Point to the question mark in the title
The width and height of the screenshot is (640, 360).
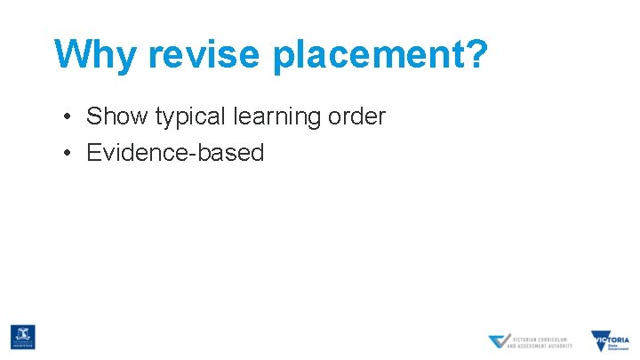tap(477, 54)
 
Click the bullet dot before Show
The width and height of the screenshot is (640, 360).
tap(68, 116)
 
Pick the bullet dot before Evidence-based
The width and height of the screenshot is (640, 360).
tap(68, 153)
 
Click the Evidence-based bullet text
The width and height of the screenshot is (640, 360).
tap(175, 153)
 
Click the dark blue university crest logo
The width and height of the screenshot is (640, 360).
tap(22, 337)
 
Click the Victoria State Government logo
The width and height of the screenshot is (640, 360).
tap(611, 340)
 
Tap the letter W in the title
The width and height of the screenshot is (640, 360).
tap(69, 54)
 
